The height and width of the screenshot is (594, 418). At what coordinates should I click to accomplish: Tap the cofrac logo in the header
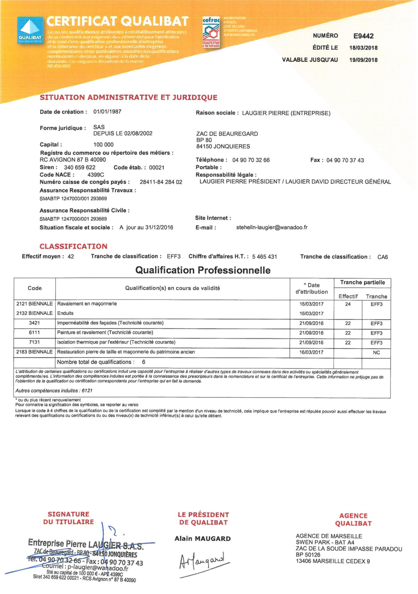[x=211, y=32]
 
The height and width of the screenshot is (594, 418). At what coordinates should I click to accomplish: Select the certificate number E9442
[x=363, y=36]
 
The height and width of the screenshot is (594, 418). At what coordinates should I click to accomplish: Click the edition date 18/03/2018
[x=363, y=48]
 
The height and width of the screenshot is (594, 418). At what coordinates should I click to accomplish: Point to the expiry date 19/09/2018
[x=363, y=60]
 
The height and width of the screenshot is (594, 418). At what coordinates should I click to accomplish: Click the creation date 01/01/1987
[x=107, y=112]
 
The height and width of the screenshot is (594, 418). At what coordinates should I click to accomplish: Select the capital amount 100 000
[x=103, y=144]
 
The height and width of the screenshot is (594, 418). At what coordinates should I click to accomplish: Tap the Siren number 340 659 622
[x=80, y=167]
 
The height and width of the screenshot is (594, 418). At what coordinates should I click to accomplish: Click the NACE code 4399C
[x=96, y=175]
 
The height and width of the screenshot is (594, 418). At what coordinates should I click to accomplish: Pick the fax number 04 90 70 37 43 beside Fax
[x=345, y=160]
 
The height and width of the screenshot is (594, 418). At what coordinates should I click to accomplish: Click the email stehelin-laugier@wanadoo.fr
[x=272, y=227]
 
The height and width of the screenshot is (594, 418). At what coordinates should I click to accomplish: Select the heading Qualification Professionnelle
[x=203, y=270]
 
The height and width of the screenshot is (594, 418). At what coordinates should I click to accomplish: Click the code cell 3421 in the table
[x=34, y=323]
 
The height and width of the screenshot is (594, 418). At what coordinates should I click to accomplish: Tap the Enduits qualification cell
[x=65, y=313]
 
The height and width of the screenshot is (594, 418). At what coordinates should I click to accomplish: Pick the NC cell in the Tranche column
[x=376, y=352]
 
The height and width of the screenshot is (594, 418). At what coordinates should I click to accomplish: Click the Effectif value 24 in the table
[x=348, y=304]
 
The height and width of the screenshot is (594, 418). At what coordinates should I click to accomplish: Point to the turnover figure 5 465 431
[x=264, y=257]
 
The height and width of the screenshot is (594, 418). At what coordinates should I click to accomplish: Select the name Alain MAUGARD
[x=203, y=539]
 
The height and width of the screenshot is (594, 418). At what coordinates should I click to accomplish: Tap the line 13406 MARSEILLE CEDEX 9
[x=333, y=561]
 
